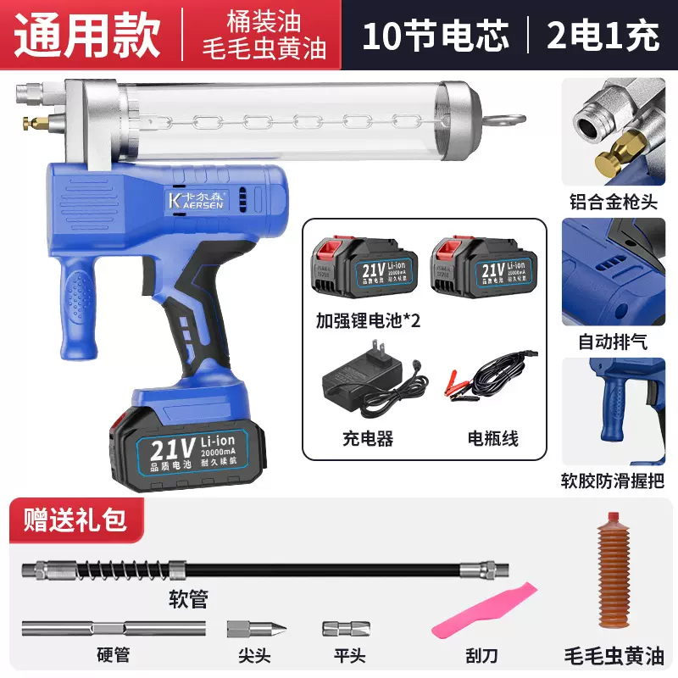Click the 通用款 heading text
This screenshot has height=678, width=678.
tap(88, 36)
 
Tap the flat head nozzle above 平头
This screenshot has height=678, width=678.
tap(346, 631)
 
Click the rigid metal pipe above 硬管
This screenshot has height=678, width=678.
tap(114, 631)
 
